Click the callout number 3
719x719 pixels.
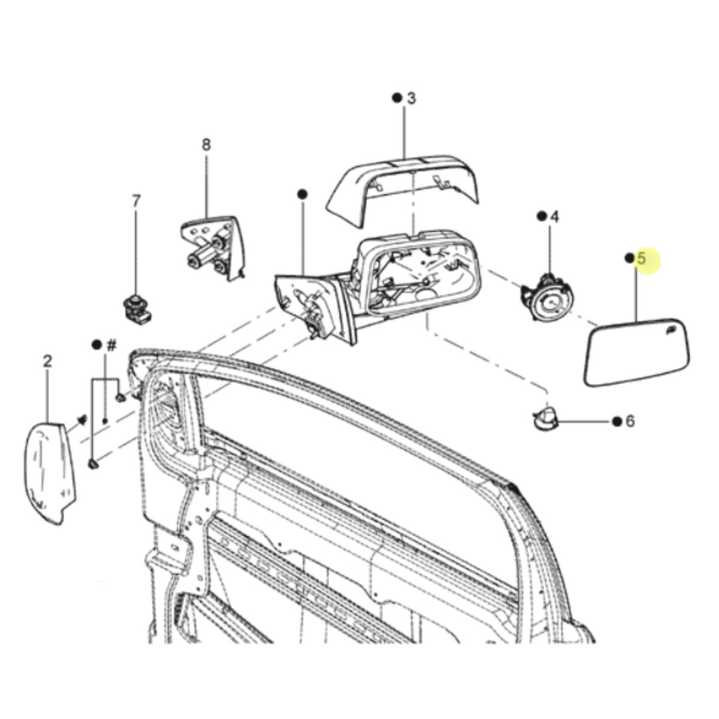[411, 98]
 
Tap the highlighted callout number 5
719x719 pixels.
[641, 259]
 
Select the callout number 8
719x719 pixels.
[206, 144]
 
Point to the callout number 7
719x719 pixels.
[136, 201]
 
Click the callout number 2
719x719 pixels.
[47, 361]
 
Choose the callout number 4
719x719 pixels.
[555, 217]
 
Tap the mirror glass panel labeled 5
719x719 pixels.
[637, 352]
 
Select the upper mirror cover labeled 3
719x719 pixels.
[403, 189]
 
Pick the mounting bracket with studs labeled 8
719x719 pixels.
[213, 247]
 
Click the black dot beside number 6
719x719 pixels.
[617, 422]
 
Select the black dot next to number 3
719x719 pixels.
[397, 98]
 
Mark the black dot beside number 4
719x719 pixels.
[541, 216]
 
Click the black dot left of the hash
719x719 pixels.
[96, 344]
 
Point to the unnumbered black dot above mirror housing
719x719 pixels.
[302, 194]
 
